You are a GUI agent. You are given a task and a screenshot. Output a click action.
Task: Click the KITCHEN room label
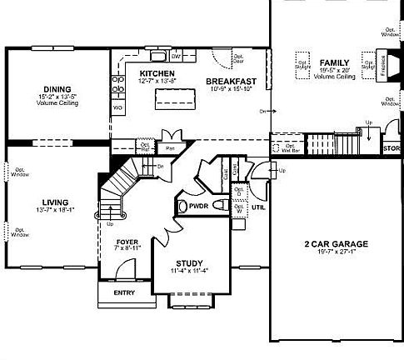tap(157, 73)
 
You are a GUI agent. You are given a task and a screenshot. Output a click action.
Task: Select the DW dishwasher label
tap(177, 57)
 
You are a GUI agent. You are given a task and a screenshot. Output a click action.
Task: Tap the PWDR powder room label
tap(198, 204)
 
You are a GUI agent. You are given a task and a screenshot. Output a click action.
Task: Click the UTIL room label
tap(258, 206)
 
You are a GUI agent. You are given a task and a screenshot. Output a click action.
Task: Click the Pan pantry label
tap(169, 147)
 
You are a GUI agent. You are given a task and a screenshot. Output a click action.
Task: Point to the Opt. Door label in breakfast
tap(239, 62)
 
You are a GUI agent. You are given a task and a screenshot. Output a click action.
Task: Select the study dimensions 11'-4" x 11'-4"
tap(190, 271)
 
